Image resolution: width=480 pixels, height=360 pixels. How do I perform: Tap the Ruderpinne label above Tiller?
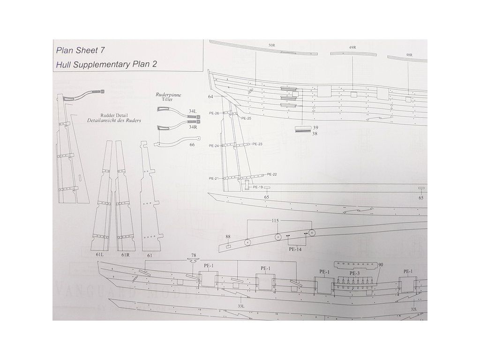click(168, 94)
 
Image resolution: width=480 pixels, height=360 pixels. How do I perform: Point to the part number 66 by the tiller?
click(192, 145)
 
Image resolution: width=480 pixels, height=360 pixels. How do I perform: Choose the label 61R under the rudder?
click(125, 255)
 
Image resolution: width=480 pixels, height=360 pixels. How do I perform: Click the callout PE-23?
click(257, 144)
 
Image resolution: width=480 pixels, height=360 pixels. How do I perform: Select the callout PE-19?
click(258, 187)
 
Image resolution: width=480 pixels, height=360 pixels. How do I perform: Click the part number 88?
click(228, 237)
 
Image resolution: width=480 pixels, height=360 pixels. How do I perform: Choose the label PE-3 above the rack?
click(355, 272)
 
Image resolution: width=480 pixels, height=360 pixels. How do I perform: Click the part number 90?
click(381, 265)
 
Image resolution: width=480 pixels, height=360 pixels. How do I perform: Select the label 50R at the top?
click(271, 45)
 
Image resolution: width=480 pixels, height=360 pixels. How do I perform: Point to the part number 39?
click(316, 127)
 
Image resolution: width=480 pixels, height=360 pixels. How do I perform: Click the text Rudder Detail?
click(114, 115)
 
